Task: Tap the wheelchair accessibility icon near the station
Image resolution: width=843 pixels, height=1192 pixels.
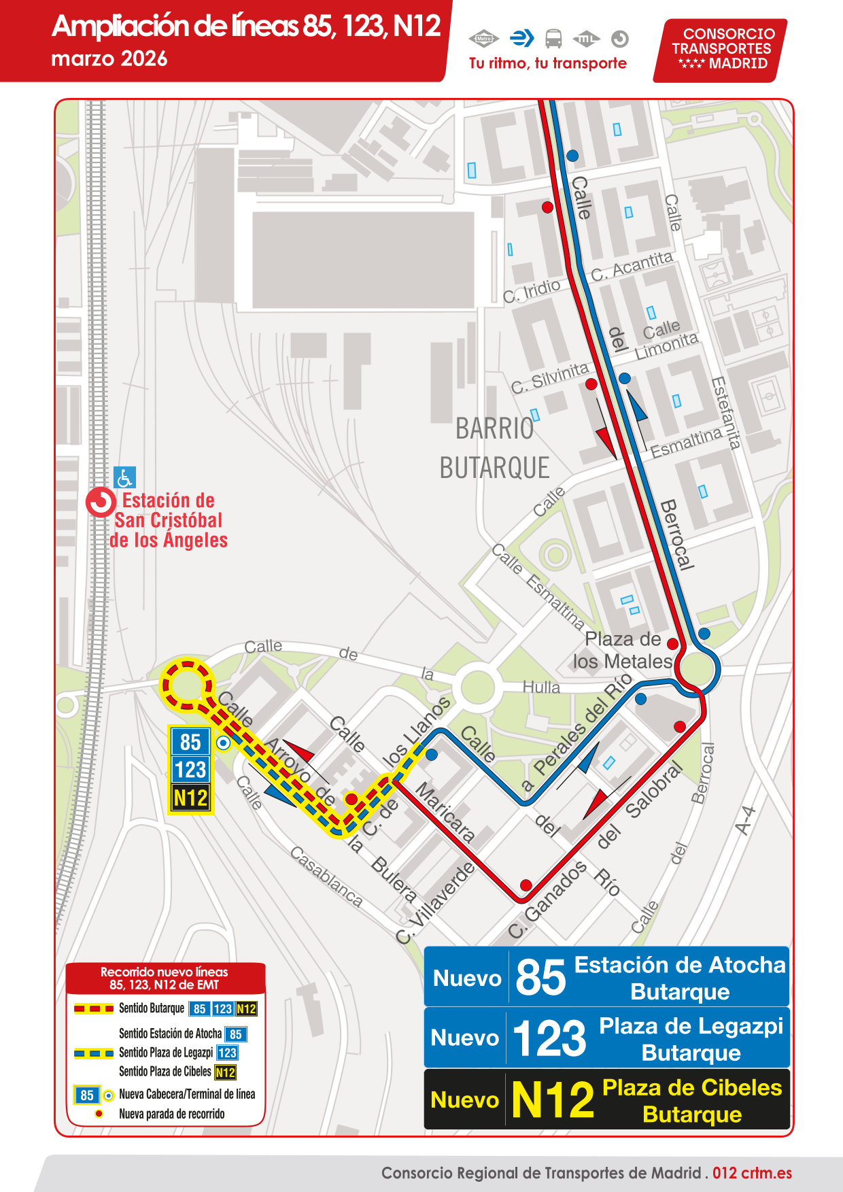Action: tap(125, 477)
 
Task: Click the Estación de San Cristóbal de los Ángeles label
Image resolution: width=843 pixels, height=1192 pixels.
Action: tap(168, 521)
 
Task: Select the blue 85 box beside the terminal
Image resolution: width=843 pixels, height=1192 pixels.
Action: tap(190, 742)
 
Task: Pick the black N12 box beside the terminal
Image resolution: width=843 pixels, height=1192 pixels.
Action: tap(190, 798)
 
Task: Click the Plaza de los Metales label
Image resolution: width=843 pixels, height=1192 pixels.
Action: tap(623, 650)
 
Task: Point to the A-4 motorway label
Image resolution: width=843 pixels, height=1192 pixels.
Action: tap(746, 820)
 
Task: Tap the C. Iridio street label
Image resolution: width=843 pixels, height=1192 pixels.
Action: tap(532, 291)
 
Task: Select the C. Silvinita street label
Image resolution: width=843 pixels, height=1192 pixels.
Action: tap(550, 378)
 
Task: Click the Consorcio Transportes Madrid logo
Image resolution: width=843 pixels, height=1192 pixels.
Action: tap(720, 49)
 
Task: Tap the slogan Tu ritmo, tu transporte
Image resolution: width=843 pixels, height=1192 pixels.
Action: tap(548, 63)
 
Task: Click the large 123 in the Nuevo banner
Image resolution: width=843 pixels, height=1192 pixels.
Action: tap(549, 1039)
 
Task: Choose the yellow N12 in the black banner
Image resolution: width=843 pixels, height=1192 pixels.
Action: tap(553, 1100)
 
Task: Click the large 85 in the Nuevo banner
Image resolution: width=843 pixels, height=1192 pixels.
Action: tap(540, 978)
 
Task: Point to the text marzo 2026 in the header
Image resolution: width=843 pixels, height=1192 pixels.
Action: tap(109, 59)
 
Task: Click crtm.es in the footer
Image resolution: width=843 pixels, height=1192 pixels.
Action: tap(766, 1173)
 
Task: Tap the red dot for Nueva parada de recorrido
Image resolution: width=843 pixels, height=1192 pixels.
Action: tap(99, 1114)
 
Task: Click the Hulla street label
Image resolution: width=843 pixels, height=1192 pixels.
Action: tap(541, 687)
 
